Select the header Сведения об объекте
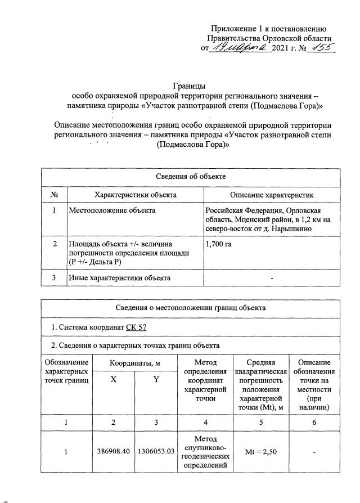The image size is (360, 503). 190,176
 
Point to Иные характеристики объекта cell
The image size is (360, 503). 119,277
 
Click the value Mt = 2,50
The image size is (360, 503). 259,451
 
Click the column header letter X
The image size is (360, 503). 114,380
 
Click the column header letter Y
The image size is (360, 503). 155,380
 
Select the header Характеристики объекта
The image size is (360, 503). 136,194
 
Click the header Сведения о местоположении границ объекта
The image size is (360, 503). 190,308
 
